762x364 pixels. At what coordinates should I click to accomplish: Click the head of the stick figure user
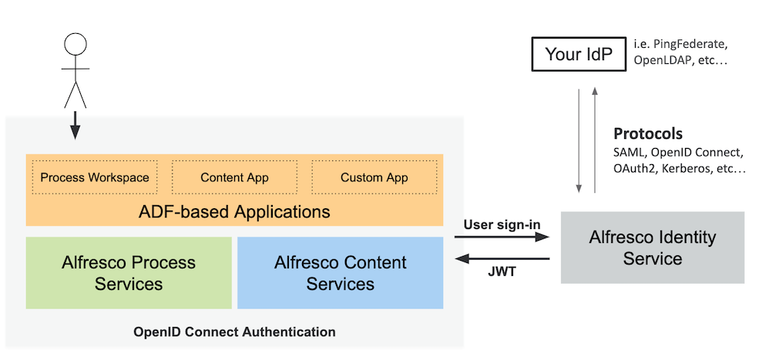click(76, 45)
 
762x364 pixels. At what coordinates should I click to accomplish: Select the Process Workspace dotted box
click(95, 177)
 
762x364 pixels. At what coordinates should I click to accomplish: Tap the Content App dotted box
click(234, 177)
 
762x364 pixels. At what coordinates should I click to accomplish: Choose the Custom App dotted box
click(374, 177)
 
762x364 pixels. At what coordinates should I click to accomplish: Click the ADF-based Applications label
click(234, 211)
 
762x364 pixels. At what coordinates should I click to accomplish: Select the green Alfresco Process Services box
click(129, 273)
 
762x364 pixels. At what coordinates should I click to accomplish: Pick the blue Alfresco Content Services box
click(340, 273)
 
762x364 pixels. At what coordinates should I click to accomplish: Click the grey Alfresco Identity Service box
click(653, 248)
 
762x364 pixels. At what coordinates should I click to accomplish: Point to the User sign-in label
click(502, 224)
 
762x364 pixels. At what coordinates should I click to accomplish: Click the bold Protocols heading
click(647, 133)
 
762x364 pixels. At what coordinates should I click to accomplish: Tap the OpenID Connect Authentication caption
click(234, 332)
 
